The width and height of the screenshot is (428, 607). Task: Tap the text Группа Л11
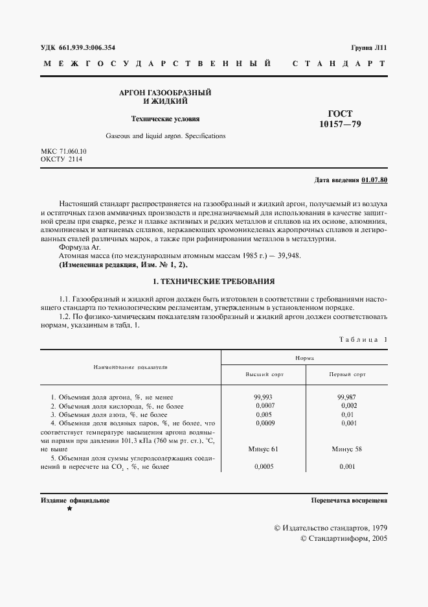[x=369, y=47]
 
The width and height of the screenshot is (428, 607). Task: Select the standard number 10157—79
[x=341, y=124]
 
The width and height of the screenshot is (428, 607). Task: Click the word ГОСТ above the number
[x=341, y=113]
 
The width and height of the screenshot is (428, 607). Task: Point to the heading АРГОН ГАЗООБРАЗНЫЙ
[x=166, y=93]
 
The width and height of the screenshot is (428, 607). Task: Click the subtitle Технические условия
[x=166, y=119]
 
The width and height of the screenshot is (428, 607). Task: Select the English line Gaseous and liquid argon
[x=166, y=136]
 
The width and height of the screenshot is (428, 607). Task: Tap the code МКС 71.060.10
[x=63, y=151]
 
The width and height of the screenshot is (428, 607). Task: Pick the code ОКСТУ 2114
[x=61, y=159]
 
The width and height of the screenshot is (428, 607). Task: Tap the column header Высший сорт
[x=264, y=375]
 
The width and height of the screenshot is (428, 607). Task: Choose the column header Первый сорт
[x=346, y=375]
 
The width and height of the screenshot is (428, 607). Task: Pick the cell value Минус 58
[x=346, y=448]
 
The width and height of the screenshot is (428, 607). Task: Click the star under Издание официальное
[x=69, y=510]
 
